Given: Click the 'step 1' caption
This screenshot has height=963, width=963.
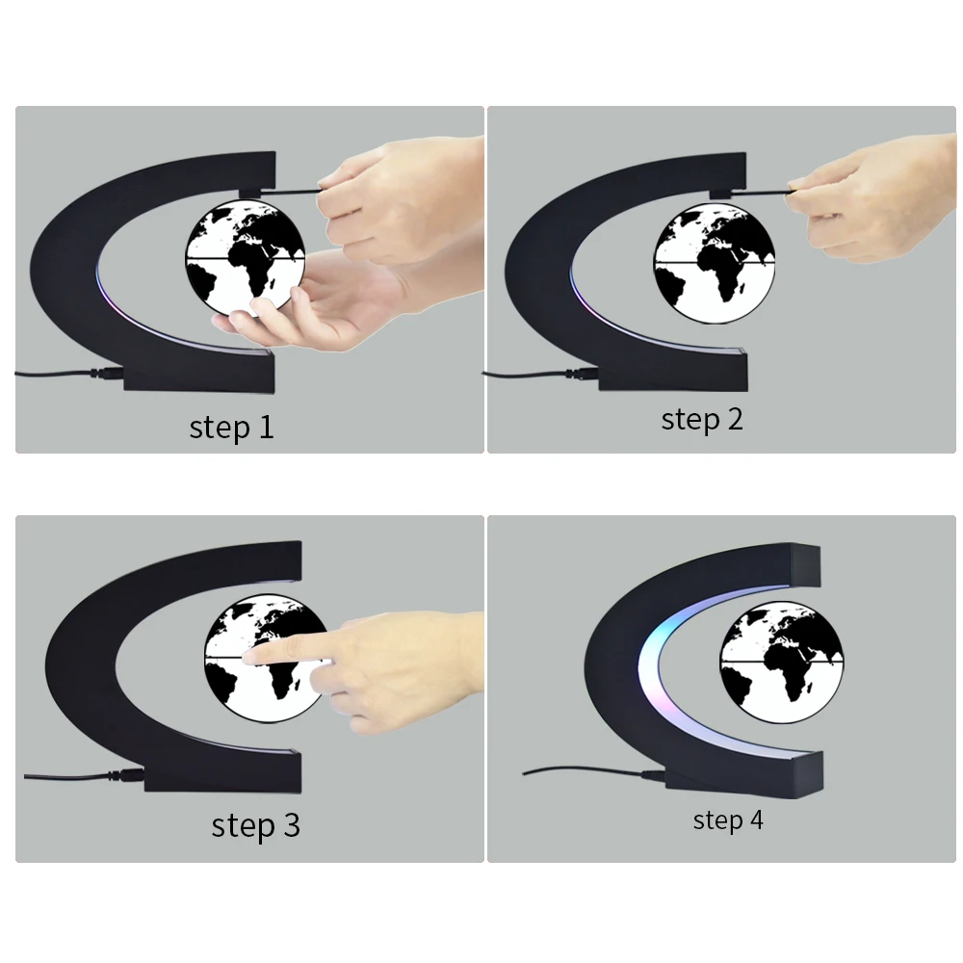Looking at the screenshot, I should [231, 427].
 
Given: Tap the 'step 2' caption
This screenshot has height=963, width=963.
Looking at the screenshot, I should [702, 420].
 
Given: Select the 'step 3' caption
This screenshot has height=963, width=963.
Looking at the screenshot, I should [255, 825].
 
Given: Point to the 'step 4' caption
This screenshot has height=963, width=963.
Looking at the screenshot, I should [728, 820].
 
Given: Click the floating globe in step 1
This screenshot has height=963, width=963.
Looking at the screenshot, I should [245, 258].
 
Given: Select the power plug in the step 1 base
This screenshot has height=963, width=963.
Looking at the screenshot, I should [108, 374].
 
